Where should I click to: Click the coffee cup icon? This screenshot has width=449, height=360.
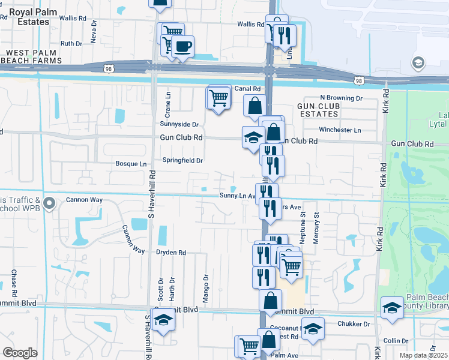tap(183, 46)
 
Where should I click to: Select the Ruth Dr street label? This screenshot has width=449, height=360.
tap(71, 43)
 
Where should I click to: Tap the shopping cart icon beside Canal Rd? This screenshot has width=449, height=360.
tap(219, 97)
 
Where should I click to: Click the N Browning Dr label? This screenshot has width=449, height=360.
tap(341, 98)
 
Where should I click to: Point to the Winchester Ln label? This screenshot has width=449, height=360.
tap(340, 130)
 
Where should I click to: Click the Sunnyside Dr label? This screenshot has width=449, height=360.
tap(179, 124)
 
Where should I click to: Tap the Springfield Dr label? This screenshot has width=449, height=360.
tap(183, 160)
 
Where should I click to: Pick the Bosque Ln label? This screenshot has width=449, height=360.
tap(131, 164)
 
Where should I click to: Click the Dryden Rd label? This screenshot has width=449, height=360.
tap(171, 253)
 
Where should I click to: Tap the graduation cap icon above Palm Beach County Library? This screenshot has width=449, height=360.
tap(392, 308)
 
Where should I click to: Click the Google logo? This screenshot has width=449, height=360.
tap(20, 352)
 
